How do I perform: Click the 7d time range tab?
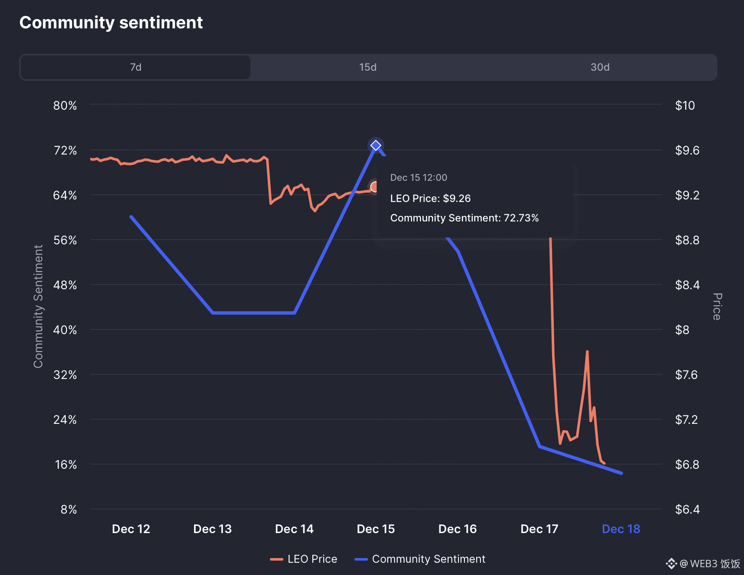[136, 67]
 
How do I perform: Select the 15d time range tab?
[368, 67]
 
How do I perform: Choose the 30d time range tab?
[600, 67]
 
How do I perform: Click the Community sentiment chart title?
[111, 22]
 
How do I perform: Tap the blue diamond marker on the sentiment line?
[376, 146]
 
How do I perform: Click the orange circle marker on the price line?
[374, 187]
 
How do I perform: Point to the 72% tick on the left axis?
[65, 150]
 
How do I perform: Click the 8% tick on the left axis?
[69, 509]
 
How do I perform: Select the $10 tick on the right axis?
[685, 105]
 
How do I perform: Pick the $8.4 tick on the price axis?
[687, 285]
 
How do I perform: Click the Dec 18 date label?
[621, 529]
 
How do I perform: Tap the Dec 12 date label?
[131, 529]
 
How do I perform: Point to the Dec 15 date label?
[376, 529]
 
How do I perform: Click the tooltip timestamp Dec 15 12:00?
[419, 177]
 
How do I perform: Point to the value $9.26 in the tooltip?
[457, 198]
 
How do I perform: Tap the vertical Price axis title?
[717, 306]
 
